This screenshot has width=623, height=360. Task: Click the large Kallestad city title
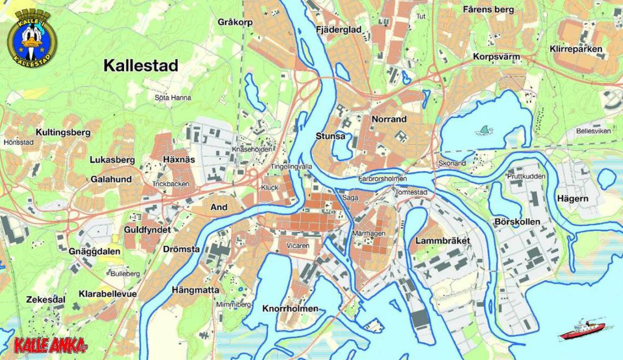pos(141,66)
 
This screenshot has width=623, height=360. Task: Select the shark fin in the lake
pos(485,130)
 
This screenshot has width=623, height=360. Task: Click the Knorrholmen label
pos(290,308)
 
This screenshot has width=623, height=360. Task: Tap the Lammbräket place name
pos(442,241)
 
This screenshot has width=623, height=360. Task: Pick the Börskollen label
pos(517,222)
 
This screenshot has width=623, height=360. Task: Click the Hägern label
pos(573,198)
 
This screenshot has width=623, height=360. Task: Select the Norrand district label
pos(389,119)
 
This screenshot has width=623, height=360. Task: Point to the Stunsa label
pos(331,136)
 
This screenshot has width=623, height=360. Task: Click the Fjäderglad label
pos(339,29)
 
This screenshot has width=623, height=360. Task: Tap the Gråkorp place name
pos(235,22)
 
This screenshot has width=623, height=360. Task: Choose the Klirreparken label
pos(576,49)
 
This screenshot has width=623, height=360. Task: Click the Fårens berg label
pos(488,10)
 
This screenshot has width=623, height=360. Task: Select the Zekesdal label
pos(46,300)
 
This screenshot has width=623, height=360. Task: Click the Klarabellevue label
pos(108,294)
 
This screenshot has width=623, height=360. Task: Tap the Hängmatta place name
pos(195,289)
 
